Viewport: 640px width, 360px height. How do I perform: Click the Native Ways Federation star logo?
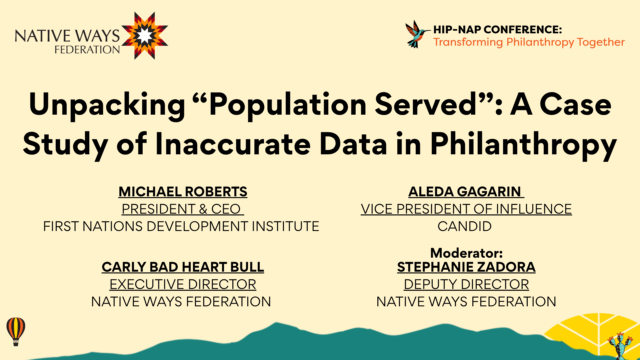pyautogui.click(x=144, y=36)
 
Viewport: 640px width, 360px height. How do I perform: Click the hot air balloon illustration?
pyautogui.click(x=16, y=331)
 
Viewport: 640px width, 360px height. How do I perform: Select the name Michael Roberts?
pyautogui.click(x=183, y=192)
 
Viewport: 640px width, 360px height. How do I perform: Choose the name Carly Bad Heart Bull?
pyautogui.click(x=183, y=267)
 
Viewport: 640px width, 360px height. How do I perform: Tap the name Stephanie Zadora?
pyautogui.click(x=466, y=267)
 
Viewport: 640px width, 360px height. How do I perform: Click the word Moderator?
pyautogui.click(x=466, y=253)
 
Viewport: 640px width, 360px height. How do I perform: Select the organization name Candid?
pyautogui.click(x=464, y=226)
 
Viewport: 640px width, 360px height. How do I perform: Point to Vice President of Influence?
pyautogui.click(x=466, y=209)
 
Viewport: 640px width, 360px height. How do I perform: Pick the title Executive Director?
pyautogui.click(x=183, y=284)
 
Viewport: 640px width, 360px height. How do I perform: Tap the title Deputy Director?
pyautogui.click(x=466, y=284)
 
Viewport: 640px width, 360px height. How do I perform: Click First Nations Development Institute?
pyautogui.click(x=181, y=226)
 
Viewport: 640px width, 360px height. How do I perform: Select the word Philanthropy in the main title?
pyautogui.click(x=523, y=145)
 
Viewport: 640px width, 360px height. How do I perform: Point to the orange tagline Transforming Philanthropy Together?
pyautogui.click(x=529, y=42)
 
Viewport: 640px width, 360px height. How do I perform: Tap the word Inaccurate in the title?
pyautogui.click(x=233, y=144)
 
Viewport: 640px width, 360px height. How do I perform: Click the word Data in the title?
pyautogui.click(x=353, y=144)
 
